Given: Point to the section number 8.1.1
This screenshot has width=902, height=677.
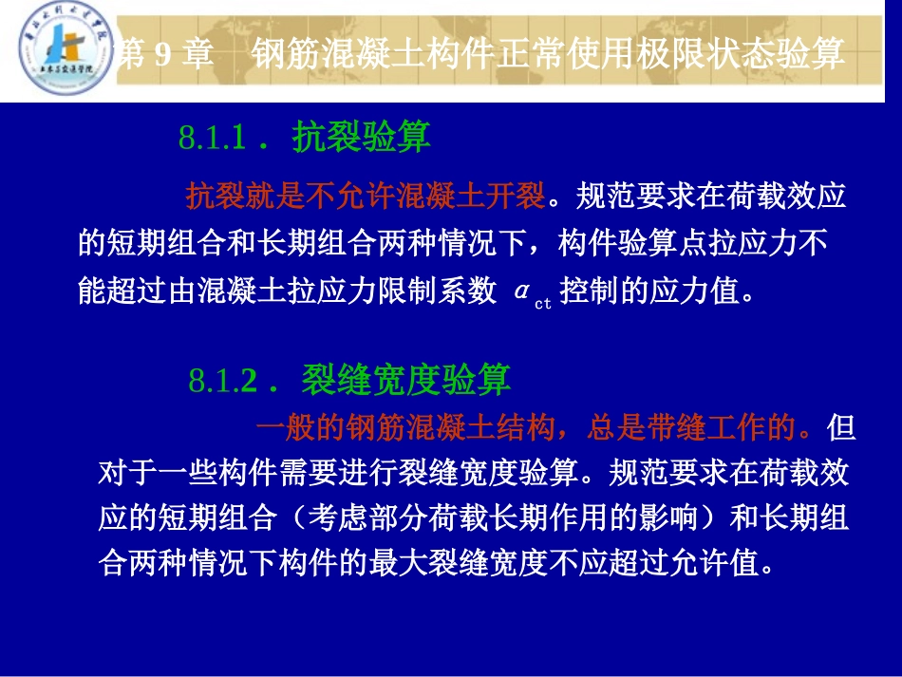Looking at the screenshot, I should point(214,140).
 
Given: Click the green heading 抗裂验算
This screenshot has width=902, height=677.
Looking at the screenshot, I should point(362,138).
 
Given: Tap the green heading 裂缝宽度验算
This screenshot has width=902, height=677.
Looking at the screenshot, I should point(406,380).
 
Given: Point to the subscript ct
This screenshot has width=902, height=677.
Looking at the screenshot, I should point(543,303).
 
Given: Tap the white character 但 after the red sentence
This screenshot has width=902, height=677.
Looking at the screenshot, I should point(841,428).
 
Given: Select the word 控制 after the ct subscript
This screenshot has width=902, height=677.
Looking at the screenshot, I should point(591,291).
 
